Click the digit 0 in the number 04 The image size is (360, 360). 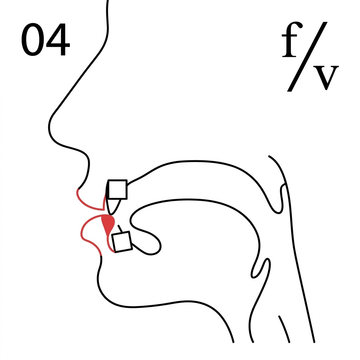33,39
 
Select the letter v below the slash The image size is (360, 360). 326,78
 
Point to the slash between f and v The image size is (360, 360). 307,57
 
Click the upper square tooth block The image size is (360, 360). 117,189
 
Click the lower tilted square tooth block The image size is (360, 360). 122,242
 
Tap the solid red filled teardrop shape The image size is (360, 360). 108,224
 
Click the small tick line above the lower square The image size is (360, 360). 120,229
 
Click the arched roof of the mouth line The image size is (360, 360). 195,161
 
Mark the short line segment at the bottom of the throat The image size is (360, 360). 284,329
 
